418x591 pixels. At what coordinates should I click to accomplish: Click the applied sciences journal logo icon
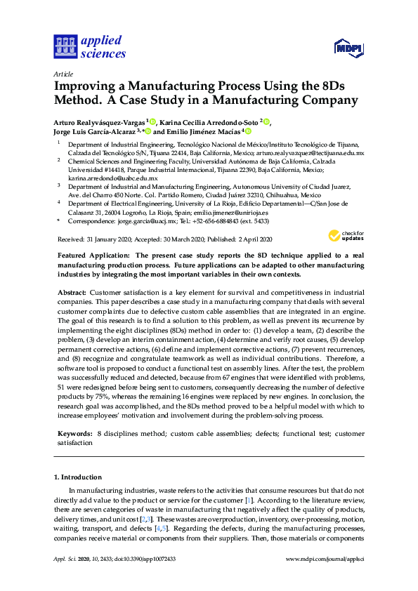(64, 46)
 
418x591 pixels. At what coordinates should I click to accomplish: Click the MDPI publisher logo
(348, 48)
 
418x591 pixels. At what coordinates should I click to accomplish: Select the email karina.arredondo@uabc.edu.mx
(112, 178)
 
